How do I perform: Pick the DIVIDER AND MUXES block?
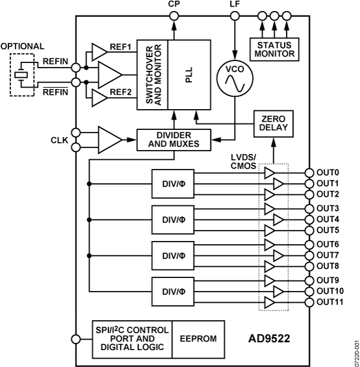click(x=175, y=138)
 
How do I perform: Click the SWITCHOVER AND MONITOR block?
click(x=152, y=75)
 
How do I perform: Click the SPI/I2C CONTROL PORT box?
click(x=123, y=338)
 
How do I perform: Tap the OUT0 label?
click(x=328, y=173)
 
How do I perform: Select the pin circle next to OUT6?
click(x=309, y=244)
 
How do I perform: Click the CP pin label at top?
click(x=174, y=5)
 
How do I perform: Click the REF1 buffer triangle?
click(x=99, y=51)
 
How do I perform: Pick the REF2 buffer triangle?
click(x=99, y=97)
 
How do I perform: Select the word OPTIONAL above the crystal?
click(x=23, y=46)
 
